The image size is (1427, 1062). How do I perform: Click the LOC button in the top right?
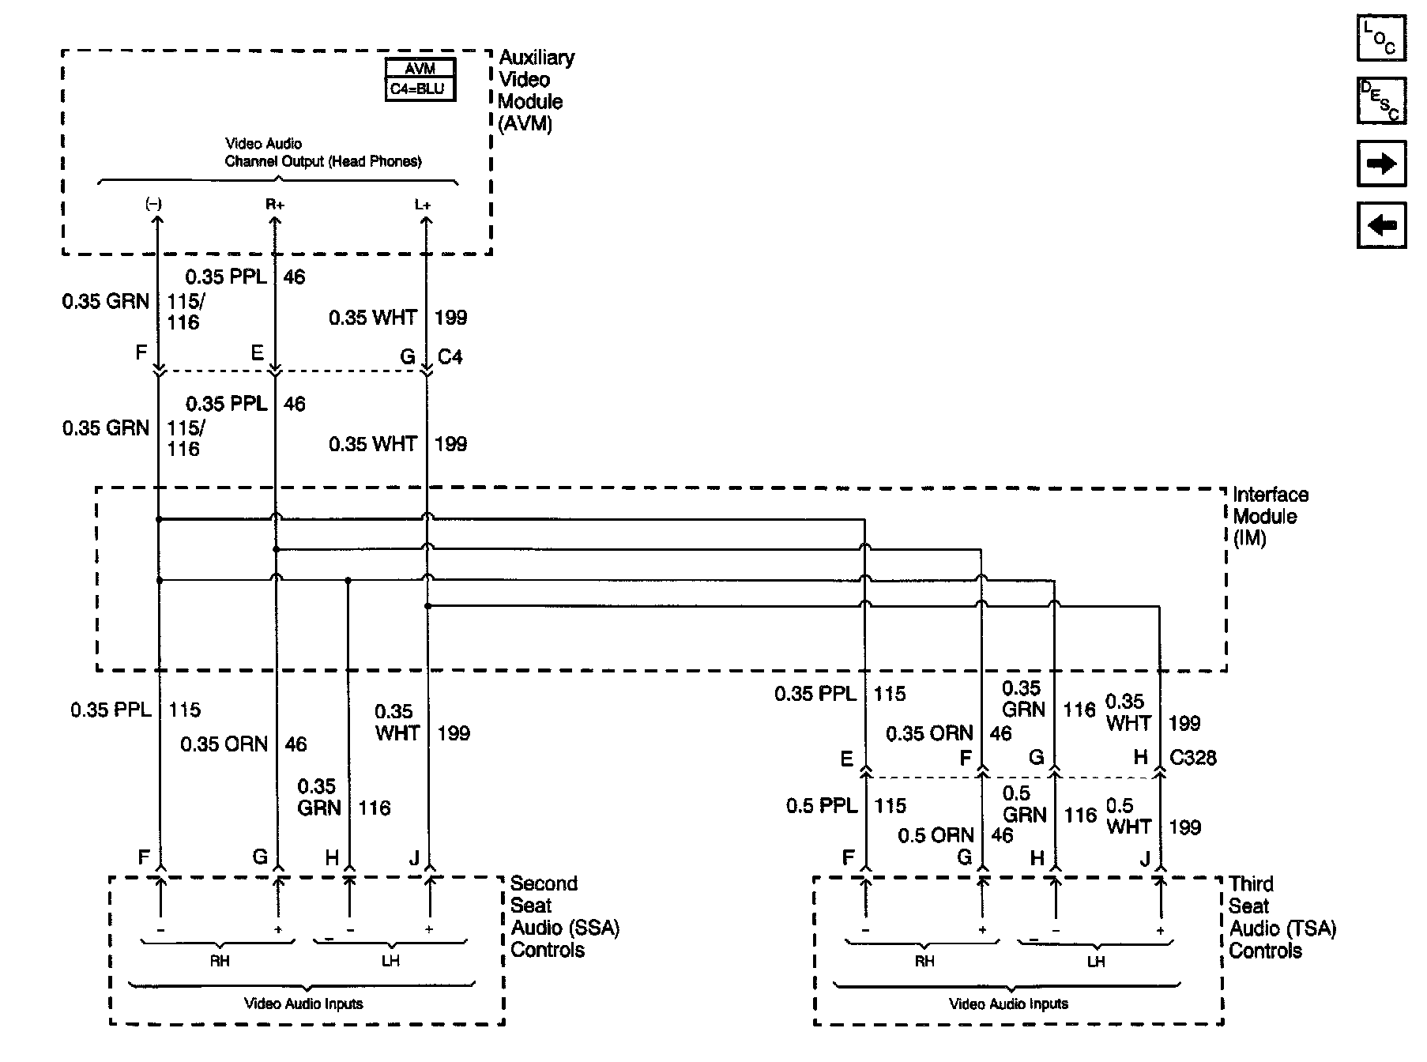tap(1381, 38)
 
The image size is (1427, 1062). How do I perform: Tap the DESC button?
tap(1381, 100)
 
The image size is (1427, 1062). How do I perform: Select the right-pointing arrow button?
tap(1381, 164)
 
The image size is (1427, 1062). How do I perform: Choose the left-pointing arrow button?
tap(1381, 225)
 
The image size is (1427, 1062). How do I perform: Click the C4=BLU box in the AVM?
tap(420, 88)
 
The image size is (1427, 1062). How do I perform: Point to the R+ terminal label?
tap(274, 205)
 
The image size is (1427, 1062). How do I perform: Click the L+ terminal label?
tap(423, 205)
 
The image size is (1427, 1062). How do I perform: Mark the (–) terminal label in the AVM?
tap(153, 204)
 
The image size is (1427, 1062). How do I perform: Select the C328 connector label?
tap(1193, 758)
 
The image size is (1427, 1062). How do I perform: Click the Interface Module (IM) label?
tap(1270, 517)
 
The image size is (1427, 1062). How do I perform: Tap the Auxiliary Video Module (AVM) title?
tap(536, 90)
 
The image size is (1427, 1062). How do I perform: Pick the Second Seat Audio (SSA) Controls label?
tap(564, 917)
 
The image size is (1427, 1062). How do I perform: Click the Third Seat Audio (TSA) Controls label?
tap(1282, 917)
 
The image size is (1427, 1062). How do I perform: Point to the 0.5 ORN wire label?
tap(936, 835)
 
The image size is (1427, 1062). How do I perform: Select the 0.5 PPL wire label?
tap(822, 806)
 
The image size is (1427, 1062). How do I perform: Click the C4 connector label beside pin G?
tap(450, 357)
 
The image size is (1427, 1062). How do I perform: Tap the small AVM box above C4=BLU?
tap(420, 69)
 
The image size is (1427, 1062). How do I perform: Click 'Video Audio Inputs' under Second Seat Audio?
tap(303, 1004)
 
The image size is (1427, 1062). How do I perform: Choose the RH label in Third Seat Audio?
tap(924, 962)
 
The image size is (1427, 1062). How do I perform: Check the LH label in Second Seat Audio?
tap(390, 961)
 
